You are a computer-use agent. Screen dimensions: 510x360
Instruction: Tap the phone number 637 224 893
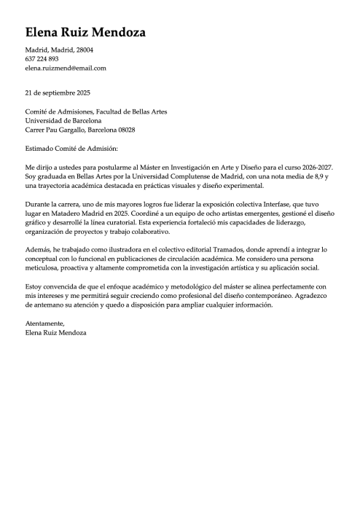click(x=42, y=58)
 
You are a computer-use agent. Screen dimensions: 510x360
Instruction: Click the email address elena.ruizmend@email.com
click(x=66, y=68)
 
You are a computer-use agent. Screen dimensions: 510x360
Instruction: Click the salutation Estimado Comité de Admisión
click(x=71, y=148)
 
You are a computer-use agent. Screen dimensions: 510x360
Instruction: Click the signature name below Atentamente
click(x=55, y=332)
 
